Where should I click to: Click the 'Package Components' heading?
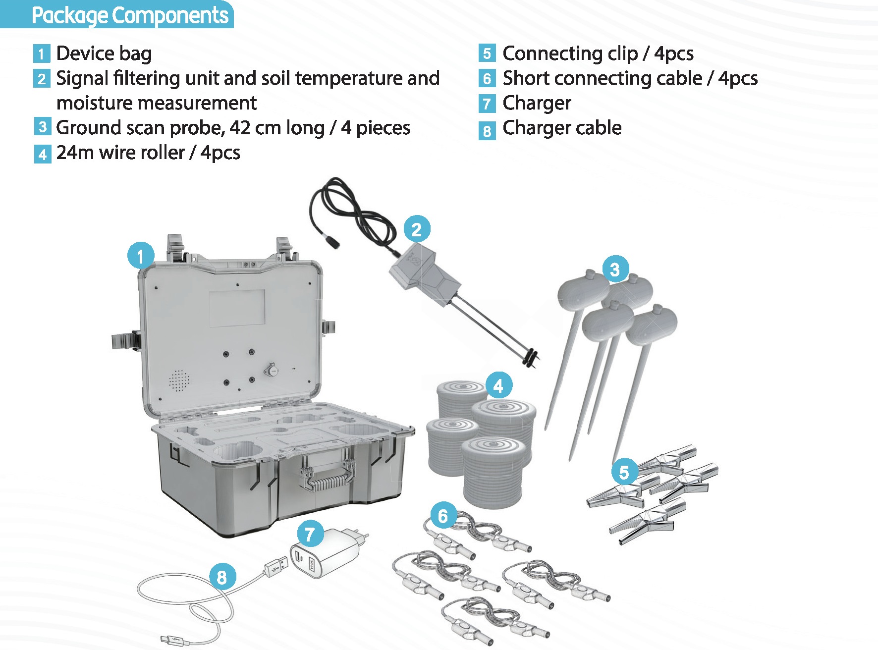coord(130,15)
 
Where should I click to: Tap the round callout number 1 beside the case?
coord(141,256)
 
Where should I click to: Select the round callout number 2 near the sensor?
coord(417,229)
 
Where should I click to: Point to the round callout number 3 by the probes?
coord(615,270)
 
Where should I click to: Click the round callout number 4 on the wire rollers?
coord(498,386)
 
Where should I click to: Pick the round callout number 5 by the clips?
coord(624,472)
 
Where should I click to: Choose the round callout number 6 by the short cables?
coord(442,516)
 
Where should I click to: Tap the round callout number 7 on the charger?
coord(310,534)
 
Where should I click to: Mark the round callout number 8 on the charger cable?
coord(221,577)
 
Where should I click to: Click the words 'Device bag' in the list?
coord(104,54)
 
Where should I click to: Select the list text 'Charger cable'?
coord(562,128)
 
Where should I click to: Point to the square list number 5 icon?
coord(487,53)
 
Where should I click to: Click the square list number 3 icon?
coord(42,126)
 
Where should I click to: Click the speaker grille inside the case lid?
coord(179,380)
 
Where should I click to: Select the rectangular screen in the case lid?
coord(236,308)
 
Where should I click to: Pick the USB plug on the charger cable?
coord(276,565)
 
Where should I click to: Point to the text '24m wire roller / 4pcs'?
coord(148,153)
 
